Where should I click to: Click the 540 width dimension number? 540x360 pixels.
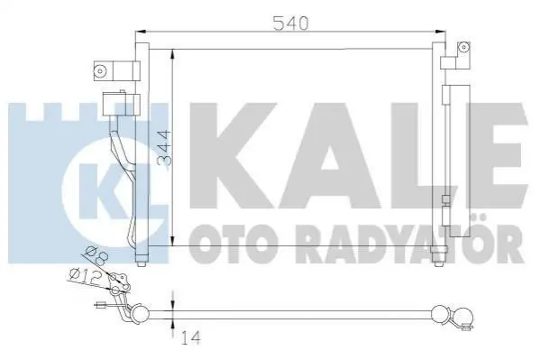[x=290, y=23]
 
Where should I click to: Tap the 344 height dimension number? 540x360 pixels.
[x=163, y=148]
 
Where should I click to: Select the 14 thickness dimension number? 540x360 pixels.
[x=189, y=337]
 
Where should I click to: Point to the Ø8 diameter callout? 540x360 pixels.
[x=96, y=254]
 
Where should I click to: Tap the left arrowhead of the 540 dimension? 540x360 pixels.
[x=142, y=32]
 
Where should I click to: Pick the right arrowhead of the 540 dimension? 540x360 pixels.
[x=440, y=32]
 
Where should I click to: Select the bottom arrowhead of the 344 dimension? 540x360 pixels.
[x=173, y=240]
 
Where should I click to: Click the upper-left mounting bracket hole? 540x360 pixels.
[x=100, y=71]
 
